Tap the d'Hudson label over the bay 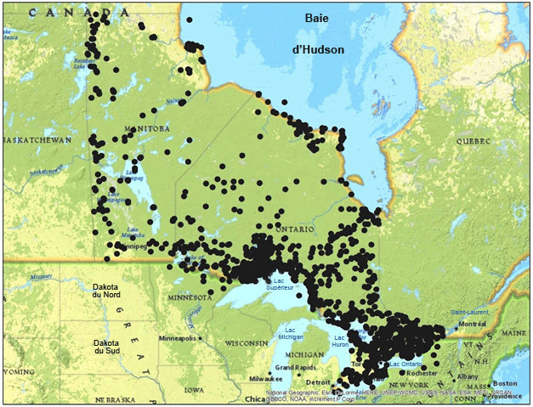coord(317,50)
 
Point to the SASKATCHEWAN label coord(36,139)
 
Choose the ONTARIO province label coord(295,230)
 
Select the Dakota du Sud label coord(107,347)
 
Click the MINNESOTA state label coord(188,297)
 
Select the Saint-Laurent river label coord(470,313)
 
